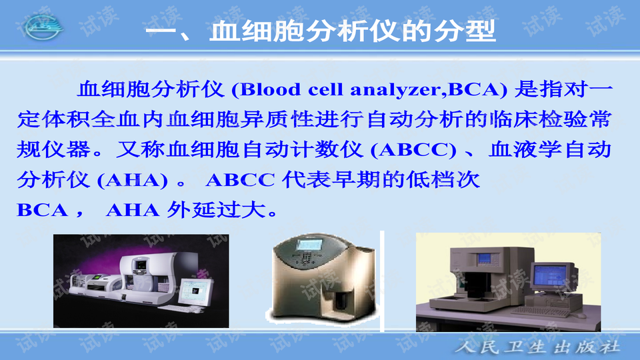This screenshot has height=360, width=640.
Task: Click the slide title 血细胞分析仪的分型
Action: [x=320, y=31]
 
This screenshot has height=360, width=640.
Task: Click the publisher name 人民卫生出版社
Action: [x=538, y=347]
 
